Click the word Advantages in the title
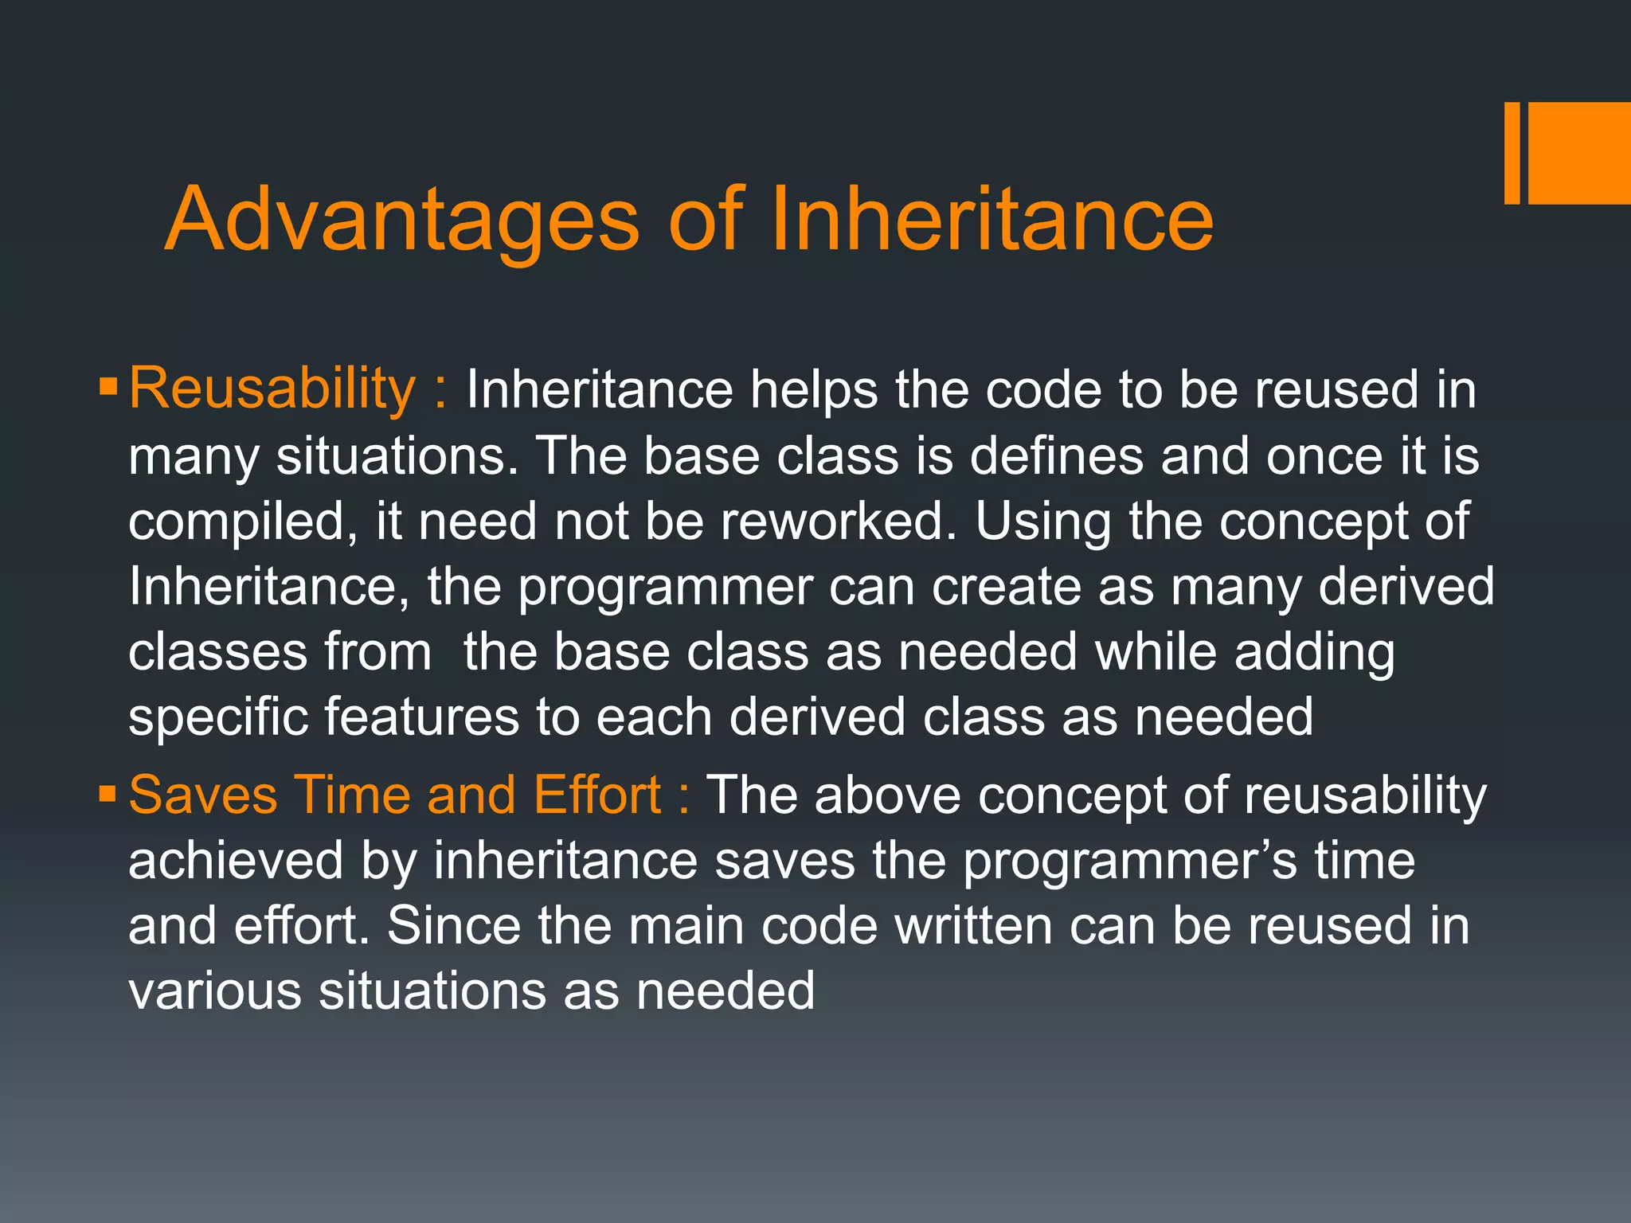coord(402,219)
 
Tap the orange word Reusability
coord(272,389)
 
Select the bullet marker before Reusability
coord(108,388)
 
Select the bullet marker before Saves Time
coord(108,794)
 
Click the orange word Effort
coord(596,795)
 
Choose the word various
coord(215,992)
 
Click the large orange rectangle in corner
coord(1578,153)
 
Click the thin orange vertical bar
coord(1512,153)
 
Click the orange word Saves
coord(202,795)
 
